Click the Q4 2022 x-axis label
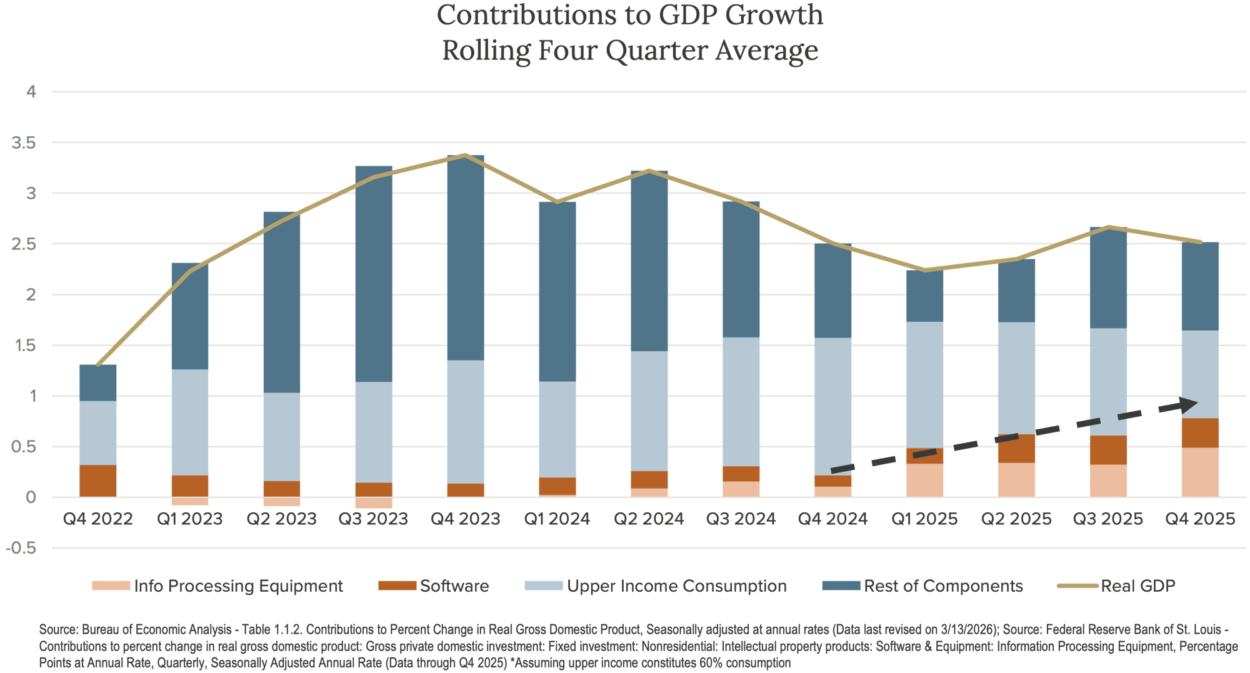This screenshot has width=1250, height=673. [x=98, y=519]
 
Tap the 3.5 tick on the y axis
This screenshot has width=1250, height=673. [x=24, y=143]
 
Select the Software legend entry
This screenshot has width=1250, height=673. [x=454, y=586]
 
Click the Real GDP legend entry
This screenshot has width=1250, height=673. [x=1138, y=586]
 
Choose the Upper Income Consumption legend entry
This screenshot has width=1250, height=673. [x=676, y=586]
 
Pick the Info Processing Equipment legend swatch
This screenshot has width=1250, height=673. [x=111, y=586]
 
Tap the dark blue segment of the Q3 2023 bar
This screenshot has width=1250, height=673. [x=374, y=275]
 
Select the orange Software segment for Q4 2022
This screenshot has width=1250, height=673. [x=98, y=481]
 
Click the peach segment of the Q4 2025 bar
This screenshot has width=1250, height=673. [x=1200, y=472]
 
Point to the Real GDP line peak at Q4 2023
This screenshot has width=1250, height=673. [x=465, y=155]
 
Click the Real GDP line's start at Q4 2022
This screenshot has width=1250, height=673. [x=98, y=365]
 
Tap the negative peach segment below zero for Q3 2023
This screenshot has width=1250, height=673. [x=374, y=502]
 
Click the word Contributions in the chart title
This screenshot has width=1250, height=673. [x=531, y=15]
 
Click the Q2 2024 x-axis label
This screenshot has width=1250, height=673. [x=649, y=519]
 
